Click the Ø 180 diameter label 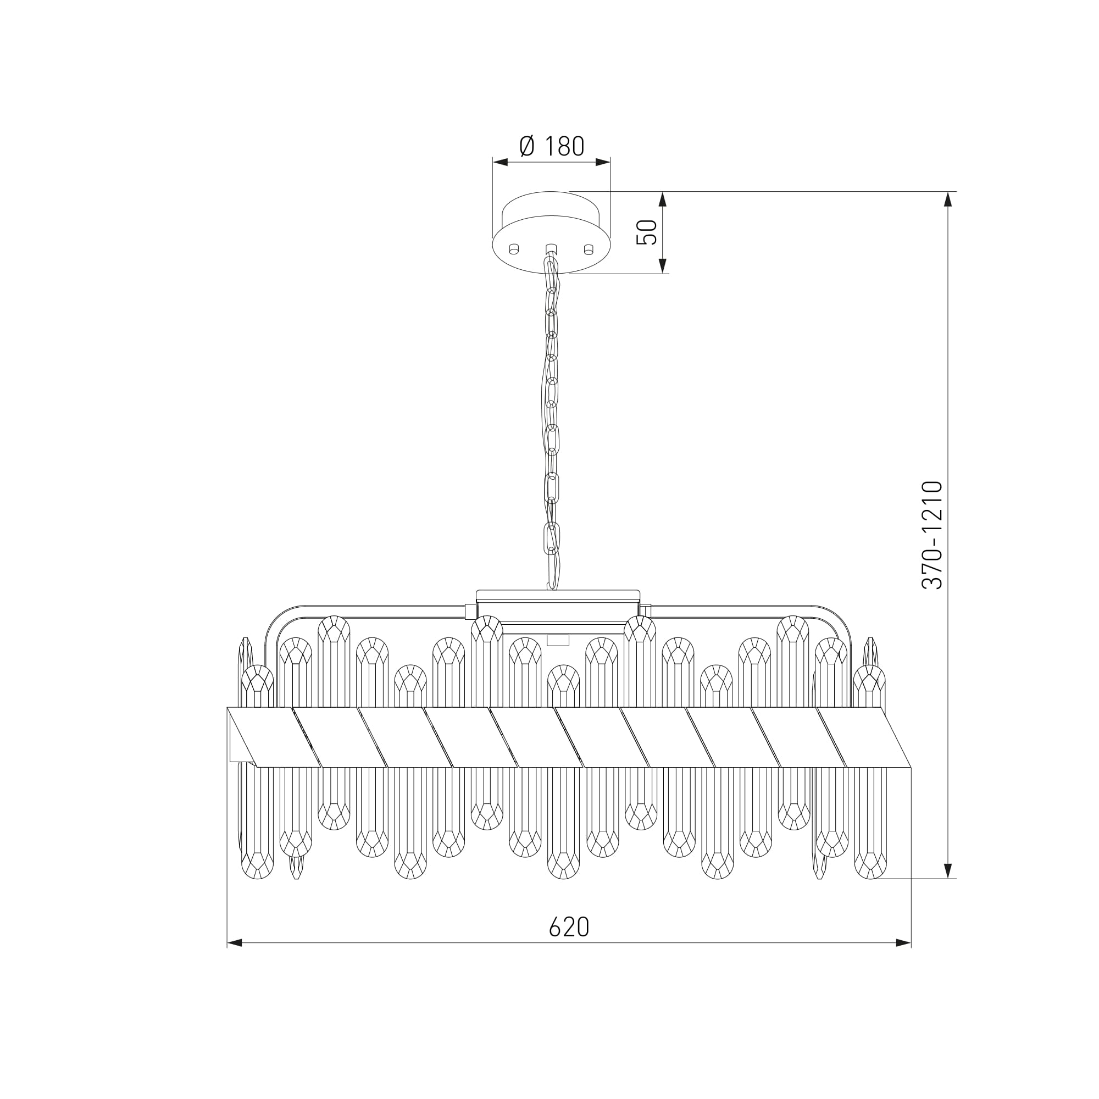pos(551,146)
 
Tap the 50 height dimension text pos(647,232)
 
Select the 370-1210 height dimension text pos(933,535)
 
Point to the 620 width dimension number pos(569,927)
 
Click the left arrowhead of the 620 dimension pos(235,943)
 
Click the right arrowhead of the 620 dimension pos(904,943)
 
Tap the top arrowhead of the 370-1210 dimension pos(948,199)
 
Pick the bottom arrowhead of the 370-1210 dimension pos(948,870)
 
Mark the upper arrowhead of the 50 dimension pos(662,199)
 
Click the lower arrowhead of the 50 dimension pos(662,265)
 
